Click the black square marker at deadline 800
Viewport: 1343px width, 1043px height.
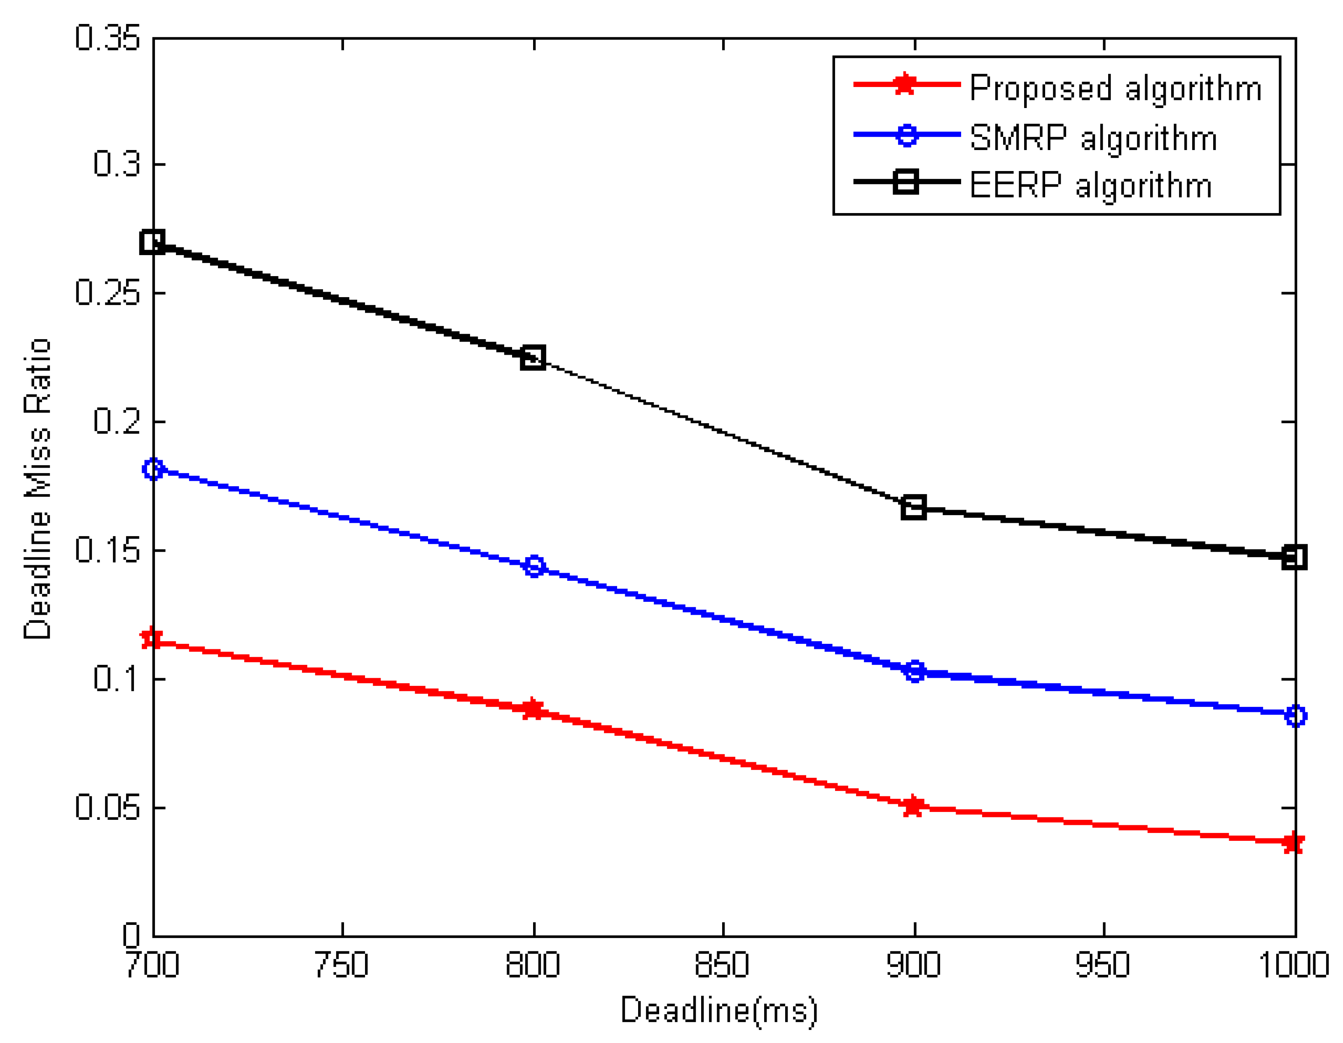pos(533,357)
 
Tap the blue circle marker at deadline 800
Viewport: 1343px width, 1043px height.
pos(534,566)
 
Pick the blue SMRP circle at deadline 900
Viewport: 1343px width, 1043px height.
pos(915,671)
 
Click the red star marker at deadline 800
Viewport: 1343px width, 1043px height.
pos(533,709)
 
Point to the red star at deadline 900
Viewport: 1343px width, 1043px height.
pos(914,806)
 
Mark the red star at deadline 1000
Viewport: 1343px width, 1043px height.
pos(1294,843)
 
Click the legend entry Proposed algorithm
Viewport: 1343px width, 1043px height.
pos(1115,88)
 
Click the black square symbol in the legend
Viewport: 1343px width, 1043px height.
pos(905,182)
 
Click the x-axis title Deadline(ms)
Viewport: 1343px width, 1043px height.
pos(719,1010)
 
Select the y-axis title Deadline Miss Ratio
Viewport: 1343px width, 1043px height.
pos(37,489)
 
